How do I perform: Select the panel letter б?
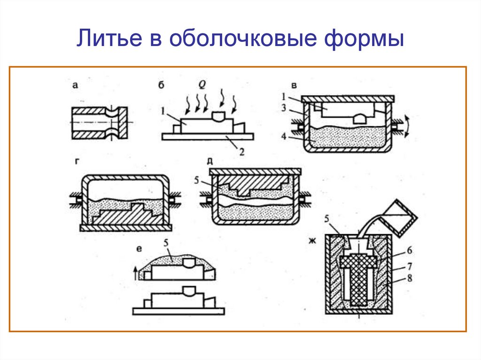click(162, 85)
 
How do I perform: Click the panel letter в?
click(294, 85)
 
